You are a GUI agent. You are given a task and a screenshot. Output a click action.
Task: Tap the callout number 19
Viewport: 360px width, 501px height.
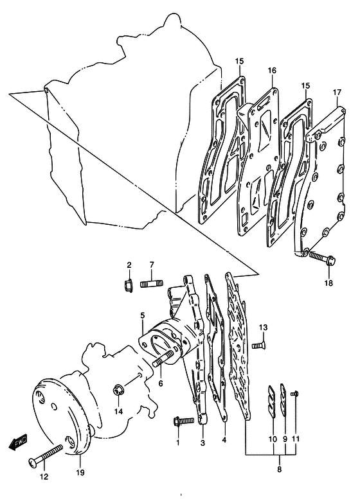[80, 472]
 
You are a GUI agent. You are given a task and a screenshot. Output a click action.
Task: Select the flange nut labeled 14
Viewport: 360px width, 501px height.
[118, 391]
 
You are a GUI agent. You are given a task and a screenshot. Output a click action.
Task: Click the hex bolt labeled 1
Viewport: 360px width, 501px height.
[183, 421]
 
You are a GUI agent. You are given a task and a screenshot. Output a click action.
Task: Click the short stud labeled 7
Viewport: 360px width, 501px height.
[152, 283]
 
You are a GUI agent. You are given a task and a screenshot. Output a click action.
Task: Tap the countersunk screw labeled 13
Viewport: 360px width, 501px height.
[259, 346]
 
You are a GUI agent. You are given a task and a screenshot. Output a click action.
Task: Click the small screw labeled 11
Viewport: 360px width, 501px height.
[294, 394]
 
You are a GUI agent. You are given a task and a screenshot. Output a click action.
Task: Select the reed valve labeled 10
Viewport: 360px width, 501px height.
[271, 401]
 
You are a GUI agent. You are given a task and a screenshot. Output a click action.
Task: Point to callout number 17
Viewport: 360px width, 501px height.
[337, 92]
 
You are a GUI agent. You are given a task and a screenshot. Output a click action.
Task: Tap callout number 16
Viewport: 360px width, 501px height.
[272, 70]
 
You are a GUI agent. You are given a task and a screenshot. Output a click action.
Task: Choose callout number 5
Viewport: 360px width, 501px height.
[142, 316]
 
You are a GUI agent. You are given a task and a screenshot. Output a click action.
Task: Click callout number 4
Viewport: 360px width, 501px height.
[224, 440]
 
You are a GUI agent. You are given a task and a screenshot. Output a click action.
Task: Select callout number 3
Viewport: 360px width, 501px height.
[203, 443]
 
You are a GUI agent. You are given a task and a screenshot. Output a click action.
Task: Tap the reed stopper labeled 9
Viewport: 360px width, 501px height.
[283, 400]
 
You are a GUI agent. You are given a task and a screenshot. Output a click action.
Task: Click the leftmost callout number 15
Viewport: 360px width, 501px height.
[239, 61]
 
